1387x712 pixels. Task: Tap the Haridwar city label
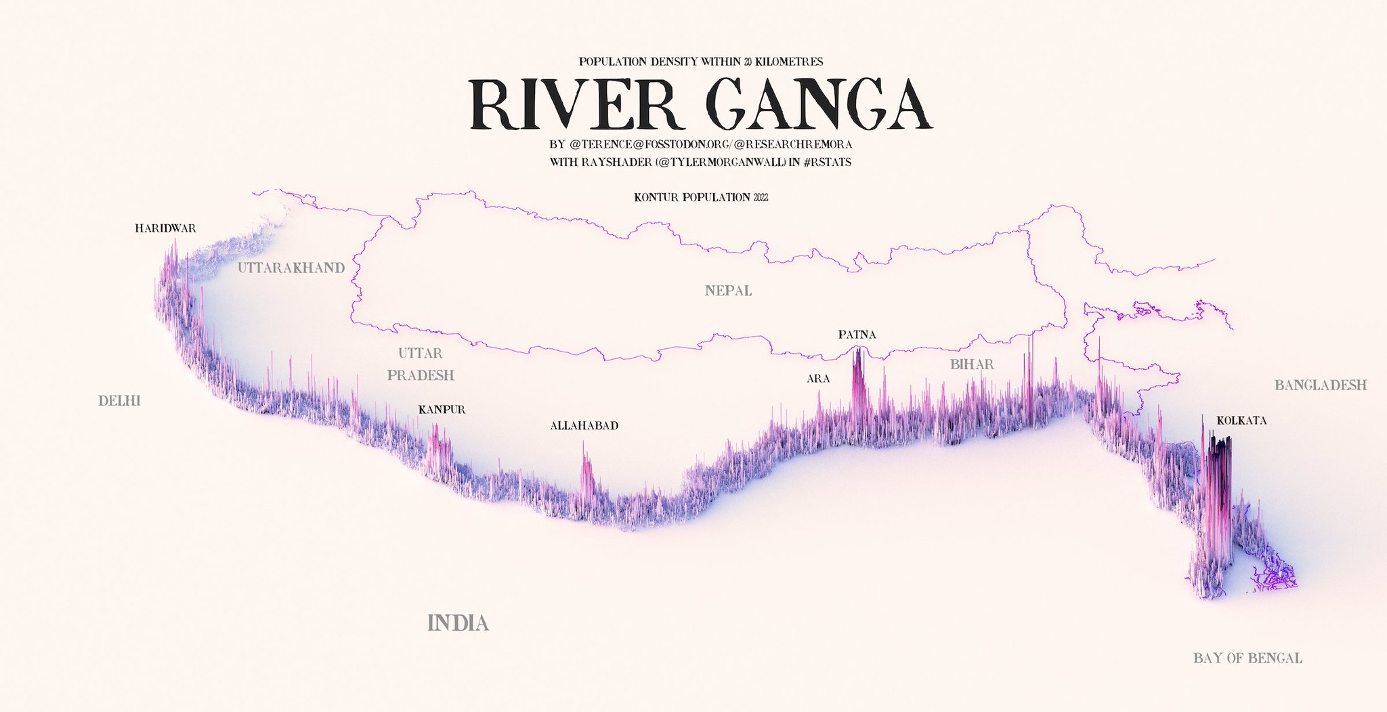(x=165, y=228)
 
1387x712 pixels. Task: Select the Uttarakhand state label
(x=291, y=268)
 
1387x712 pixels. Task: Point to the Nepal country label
(x=728, y=291)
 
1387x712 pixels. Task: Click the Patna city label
(x=857, y=335)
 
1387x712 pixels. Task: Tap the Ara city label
(x=818, y=379)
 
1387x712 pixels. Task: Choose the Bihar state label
(x=972, y=364)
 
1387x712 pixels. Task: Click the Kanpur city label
(x=442, y=410)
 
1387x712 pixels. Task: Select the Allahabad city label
(x=584, y=426)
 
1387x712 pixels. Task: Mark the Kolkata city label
(x=1241, y=421)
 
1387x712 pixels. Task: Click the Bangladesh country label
(x=1321, y=385)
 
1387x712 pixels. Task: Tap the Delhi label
(x=119, y=401)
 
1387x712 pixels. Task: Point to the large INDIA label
(x=458, y=623)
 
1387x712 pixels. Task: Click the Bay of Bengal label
(x=1247, y=658)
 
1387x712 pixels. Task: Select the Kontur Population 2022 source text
(x=701, y=198)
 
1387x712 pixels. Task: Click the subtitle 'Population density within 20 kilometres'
(x=701, y=62)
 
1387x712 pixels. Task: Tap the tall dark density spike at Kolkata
(x=1219, y=488)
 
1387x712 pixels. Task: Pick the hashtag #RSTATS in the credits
(x=827, y=163)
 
